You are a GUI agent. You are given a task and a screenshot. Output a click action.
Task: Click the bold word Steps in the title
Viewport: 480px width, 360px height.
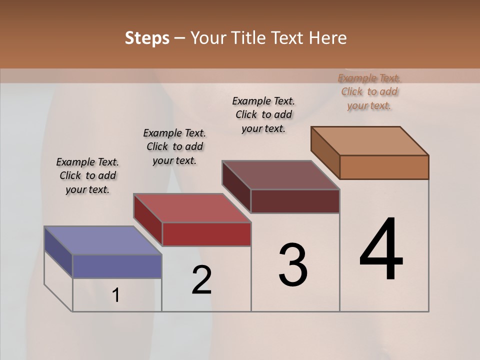click(147, 38)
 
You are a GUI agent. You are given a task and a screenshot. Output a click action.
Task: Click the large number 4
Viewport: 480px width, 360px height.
click(381, 250)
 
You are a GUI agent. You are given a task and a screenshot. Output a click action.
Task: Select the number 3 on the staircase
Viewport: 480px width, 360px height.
click(292, 265)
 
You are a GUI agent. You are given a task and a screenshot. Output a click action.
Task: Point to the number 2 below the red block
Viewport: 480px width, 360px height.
click(201, 280)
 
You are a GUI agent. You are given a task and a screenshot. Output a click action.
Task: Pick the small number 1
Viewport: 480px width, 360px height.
click(116, 295)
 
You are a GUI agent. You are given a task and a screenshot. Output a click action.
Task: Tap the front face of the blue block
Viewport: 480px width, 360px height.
click(117, 266)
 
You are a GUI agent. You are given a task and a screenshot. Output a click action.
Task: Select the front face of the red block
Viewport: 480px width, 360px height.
click(206, 234)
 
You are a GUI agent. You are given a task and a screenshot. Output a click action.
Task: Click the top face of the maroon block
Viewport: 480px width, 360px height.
click(280, 175)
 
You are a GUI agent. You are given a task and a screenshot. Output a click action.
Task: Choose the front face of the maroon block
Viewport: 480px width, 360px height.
click(295, 201)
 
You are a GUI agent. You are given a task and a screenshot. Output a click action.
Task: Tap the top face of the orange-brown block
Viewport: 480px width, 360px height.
click(369, 140)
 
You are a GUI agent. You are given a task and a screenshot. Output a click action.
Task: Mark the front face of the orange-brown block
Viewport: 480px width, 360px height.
click(384, 167)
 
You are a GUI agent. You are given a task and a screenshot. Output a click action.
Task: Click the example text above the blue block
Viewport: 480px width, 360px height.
click(87, 176)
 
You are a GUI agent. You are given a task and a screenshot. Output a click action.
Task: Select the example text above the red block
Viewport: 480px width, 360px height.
click(174, 147)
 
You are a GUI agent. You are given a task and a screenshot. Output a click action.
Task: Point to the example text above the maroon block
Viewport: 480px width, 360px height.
click(263, 114)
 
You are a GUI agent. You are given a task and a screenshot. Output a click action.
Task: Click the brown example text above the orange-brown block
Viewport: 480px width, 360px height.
click(369, 91)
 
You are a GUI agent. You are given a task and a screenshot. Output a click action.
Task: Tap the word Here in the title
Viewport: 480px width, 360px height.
click(328, 38)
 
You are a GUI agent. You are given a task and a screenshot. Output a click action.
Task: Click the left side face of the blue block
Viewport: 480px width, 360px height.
click(58, 253)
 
